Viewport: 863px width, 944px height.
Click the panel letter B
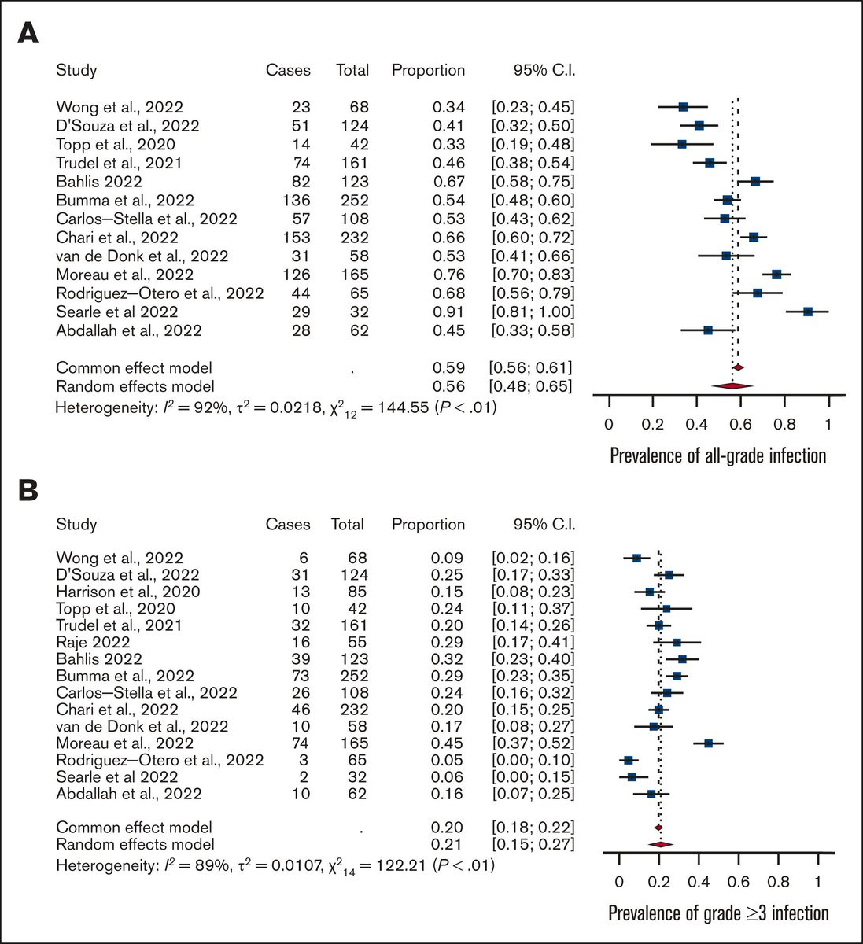click(x=28, y=490)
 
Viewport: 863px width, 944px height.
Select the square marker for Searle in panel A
click(x=808, y=312)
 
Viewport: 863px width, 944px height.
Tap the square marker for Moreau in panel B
click(x=708, y=743)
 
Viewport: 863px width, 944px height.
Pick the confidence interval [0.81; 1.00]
click(x=533, y=312)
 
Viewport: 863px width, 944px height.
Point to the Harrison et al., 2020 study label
click(x=127, y=592)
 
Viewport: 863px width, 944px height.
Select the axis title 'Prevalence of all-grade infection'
click(x=717, y=455)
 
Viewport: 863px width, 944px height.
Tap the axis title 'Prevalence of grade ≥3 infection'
click(x=718, y=913)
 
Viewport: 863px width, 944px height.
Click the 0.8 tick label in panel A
click(x=784, y=425)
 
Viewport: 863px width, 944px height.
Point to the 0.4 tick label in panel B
click(x=699, y=881)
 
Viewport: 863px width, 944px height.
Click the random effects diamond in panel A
click(x=732, y=385)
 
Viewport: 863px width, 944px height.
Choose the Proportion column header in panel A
click(x=428, y=70)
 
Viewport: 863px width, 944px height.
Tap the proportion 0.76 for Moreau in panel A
click(x=448, y=275)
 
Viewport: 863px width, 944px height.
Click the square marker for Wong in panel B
click(x=636, y=558)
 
